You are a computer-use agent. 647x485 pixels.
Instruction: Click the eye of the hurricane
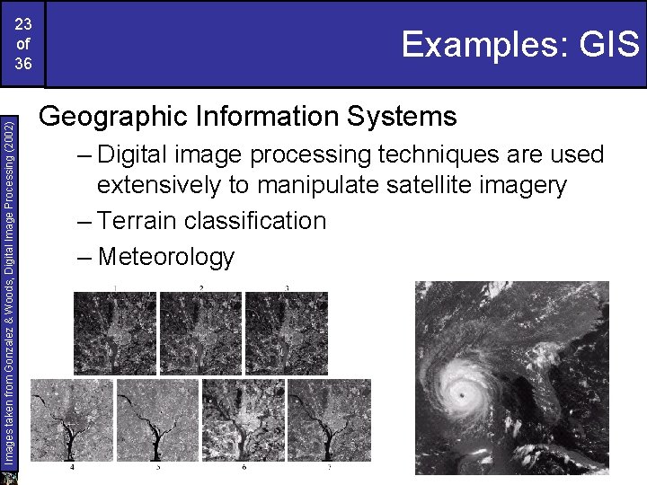coord(463,393)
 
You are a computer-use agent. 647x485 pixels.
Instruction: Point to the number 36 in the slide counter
coord(23,64)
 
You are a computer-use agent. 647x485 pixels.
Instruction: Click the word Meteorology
coord(166,257)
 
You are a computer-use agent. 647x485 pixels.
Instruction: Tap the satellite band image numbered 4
coord(73,420)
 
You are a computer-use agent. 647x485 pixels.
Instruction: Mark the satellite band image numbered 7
coord(330,420)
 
